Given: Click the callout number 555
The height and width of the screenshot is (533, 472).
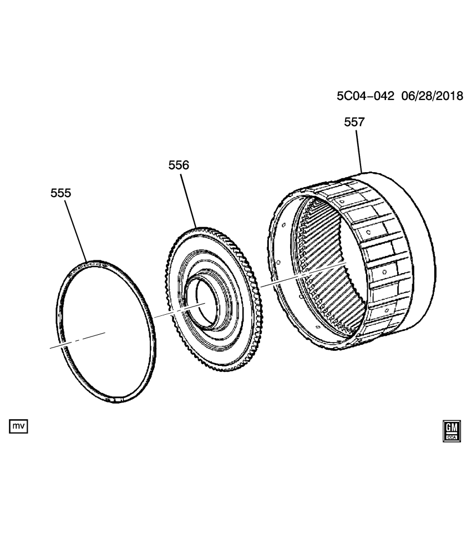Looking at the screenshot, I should (60, 193).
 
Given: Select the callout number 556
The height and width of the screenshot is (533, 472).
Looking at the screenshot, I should (179, 165).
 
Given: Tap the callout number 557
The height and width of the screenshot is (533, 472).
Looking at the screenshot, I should (354, 122).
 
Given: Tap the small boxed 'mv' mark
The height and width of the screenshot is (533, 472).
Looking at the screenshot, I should (18, 426).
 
